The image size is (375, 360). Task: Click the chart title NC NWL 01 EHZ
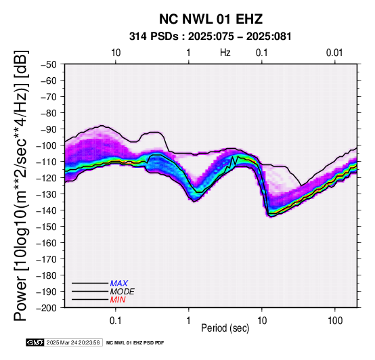[x=211, y=19]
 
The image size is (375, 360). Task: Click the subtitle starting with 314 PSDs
[x=211, y=37]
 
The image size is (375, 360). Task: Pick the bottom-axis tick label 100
[x=335, y=320]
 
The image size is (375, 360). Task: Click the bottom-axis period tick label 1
[x=189, y=320]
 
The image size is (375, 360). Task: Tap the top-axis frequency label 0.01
[x=334, y=53]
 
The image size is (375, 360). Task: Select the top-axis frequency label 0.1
[x=262, y=53]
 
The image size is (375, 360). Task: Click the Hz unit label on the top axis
[x=225, y=53]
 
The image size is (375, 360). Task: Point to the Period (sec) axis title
[x=225, y=328]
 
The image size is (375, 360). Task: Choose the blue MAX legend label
[x=119, y=284]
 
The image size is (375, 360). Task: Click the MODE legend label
[x=123, y=292]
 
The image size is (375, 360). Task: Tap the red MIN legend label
[x=118, y=300]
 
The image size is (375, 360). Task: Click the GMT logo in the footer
[x=35, y=342]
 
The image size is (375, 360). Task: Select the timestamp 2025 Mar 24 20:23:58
[x=73, y=342]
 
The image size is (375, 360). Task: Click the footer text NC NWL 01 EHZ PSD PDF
[x=135, y=343]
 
